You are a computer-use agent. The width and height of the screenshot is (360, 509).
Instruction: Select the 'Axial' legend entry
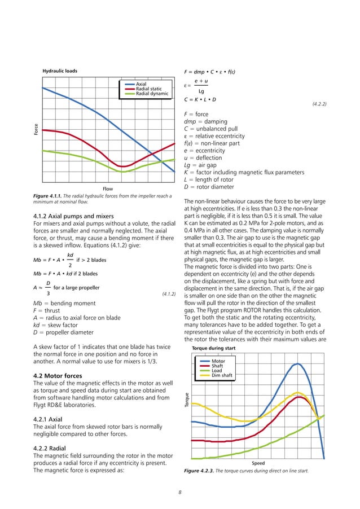coord(141,84)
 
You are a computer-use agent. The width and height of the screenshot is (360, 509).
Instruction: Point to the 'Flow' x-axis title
coord(106,188)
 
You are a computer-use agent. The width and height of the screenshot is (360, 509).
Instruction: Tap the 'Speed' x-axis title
coord(258,463)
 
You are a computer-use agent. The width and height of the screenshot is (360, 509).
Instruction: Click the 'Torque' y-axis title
coord(187,419)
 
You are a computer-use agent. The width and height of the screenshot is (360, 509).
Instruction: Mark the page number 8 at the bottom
coord(179,493)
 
